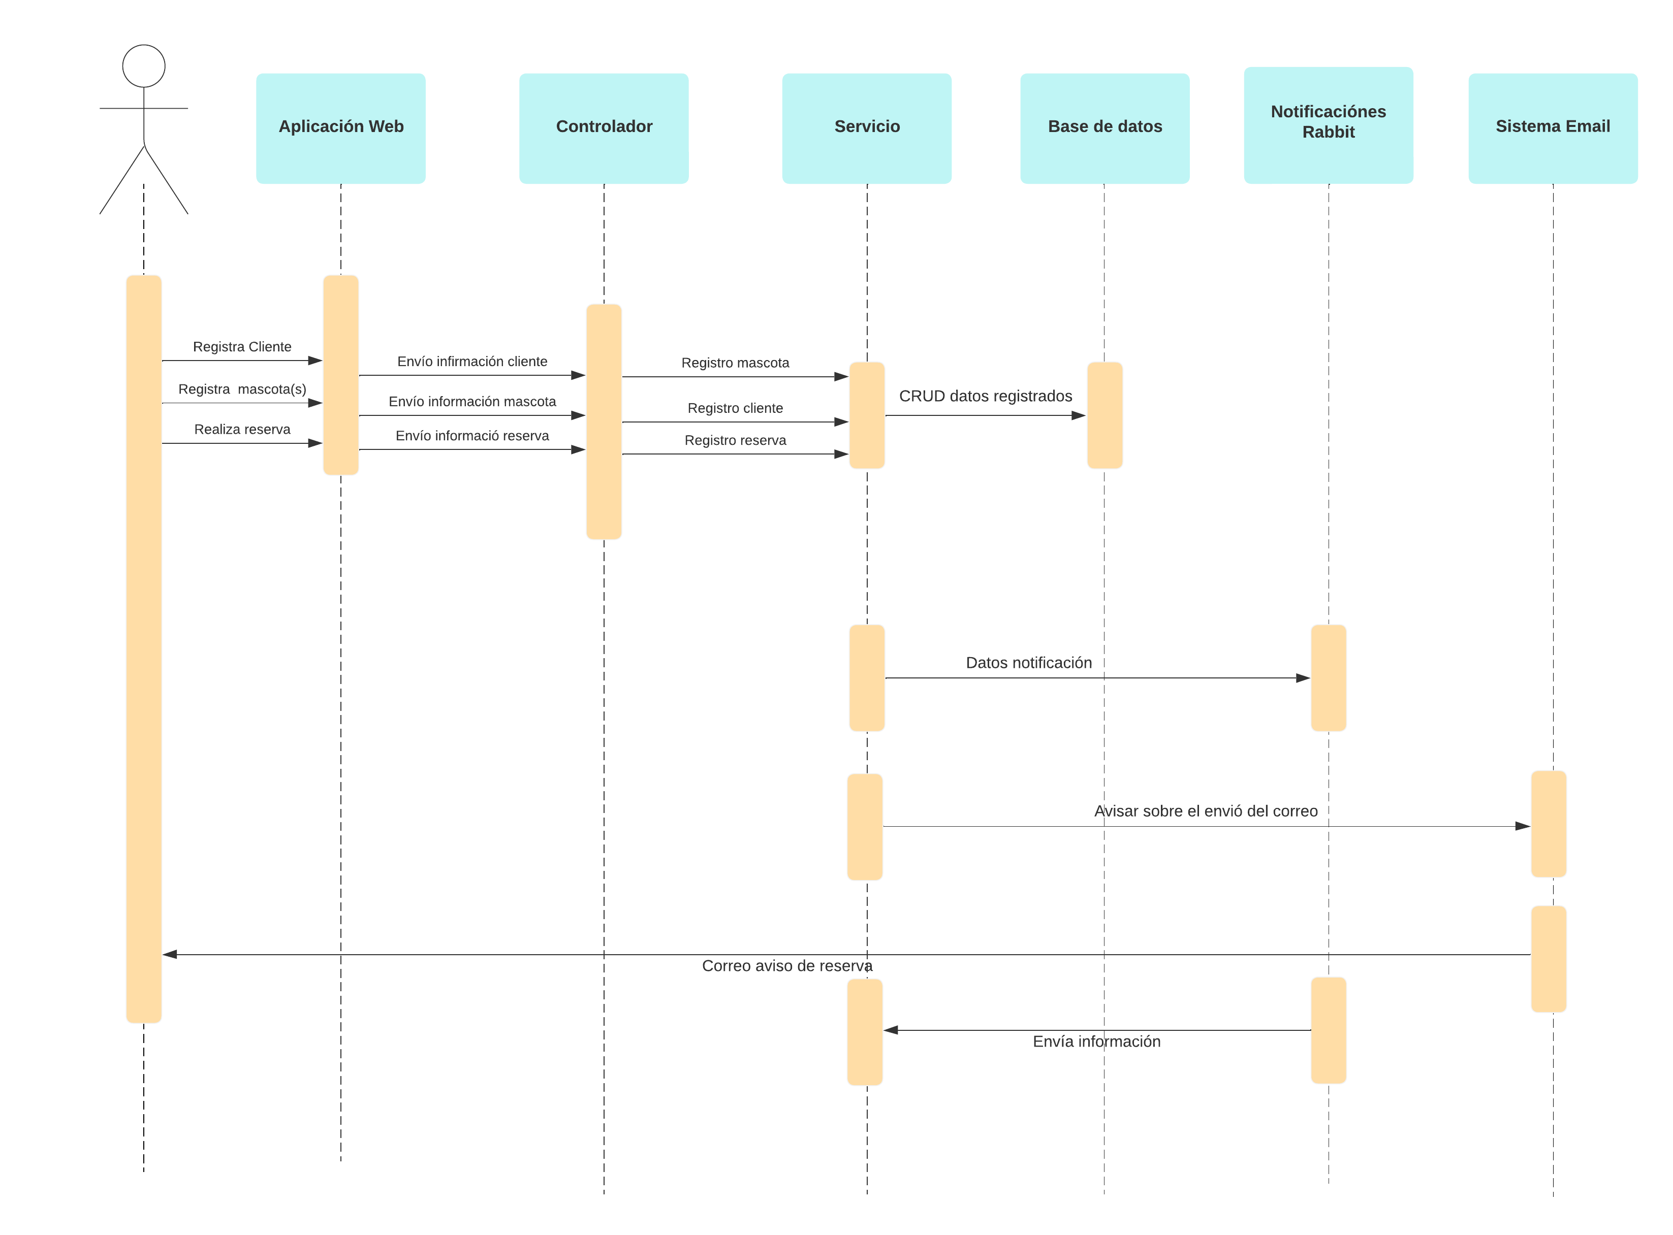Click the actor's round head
tap(144, 66)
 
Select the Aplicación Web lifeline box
tap(341, 128)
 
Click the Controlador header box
tap(604, 128)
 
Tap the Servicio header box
tap(867, 128)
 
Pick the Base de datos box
tap(1104, 128)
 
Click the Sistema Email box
tap(1553, 128)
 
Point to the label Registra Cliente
tap(242, 347)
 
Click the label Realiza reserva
tap(242, 430)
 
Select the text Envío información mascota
tap(472, 402)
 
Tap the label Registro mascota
tap(735, 363)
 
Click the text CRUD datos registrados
tap(985, 396)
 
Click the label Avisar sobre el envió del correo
tap(1206, 811)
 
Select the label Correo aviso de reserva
tap(787, 966)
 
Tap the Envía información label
tap(1096, 1042)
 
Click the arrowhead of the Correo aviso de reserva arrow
tap(170, 955)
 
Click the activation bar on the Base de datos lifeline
tap(1104, 416)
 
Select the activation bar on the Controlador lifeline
tap(604, 421)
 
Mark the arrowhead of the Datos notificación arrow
tap(1304, 678)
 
